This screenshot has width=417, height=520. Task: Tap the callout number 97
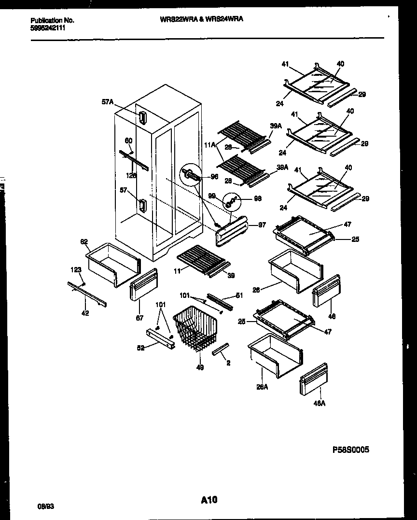(x=262, y=225)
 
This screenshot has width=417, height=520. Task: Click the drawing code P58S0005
(x=351, y=449)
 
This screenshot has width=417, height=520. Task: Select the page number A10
(x=209, y=501)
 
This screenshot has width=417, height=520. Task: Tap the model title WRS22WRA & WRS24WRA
(x=201, y=19)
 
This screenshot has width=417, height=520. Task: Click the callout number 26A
(x=262, y=386)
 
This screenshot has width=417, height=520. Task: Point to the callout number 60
(x=128, y=141)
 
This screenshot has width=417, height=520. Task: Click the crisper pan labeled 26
(x=294, y=270)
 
